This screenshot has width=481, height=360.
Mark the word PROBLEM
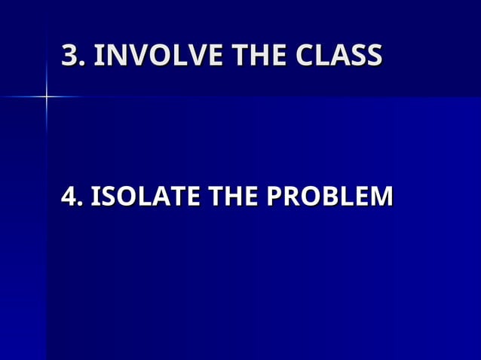point(330,197)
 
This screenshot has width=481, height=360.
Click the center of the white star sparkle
point(46,96)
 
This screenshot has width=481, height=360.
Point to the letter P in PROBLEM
point(276,197)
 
